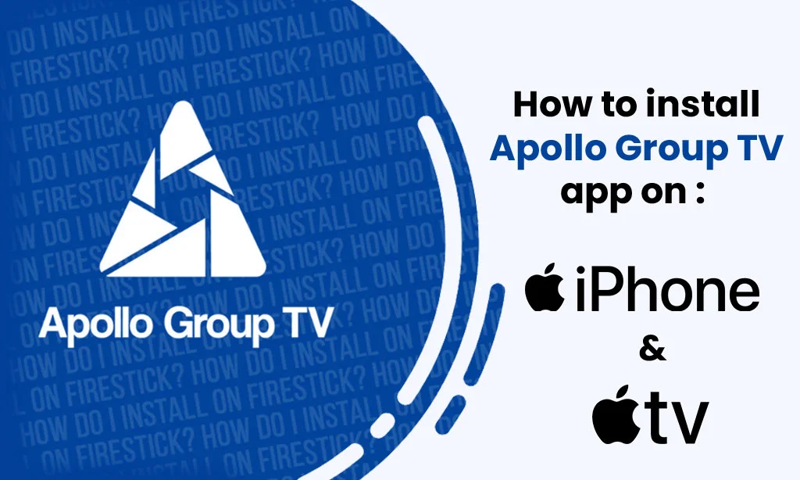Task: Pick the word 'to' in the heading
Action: click(x=610, y=105)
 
